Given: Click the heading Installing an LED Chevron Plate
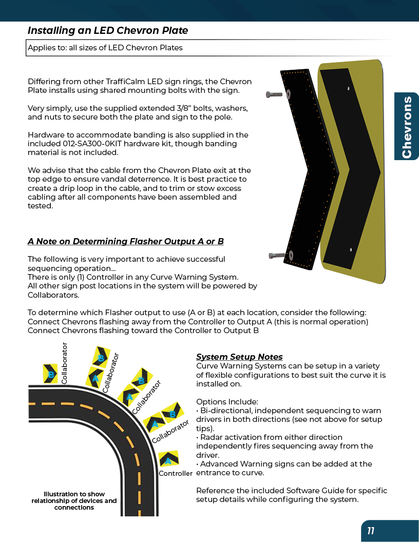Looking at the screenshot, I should pos(108,30).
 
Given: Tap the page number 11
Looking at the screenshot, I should pos(370,531).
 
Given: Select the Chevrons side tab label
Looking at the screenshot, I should pos(407,127).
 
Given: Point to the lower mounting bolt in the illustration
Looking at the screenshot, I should pos(279,255).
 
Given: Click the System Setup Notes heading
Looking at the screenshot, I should pos(239,357).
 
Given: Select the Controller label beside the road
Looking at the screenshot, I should pos(175,473).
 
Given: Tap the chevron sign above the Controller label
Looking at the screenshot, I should pos(168,458).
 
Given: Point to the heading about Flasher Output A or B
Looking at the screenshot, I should pos(125,241).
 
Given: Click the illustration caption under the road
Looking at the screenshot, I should pos(74,500).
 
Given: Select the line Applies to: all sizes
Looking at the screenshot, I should pos(105,48).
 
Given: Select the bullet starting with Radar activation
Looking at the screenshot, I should pos(284,446).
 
